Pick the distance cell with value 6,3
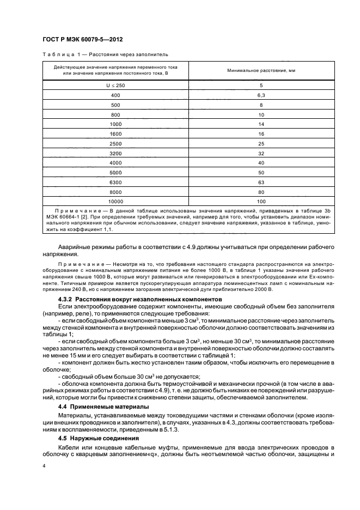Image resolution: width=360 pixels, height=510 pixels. pos(261,95)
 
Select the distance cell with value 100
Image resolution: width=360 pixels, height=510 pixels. pos(261,201)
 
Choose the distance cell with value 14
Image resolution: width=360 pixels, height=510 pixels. pos(261,124)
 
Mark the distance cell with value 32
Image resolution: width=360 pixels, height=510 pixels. pos(261,153)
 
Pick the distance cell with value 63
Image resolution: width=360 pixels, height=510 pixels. pos(261,181)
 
